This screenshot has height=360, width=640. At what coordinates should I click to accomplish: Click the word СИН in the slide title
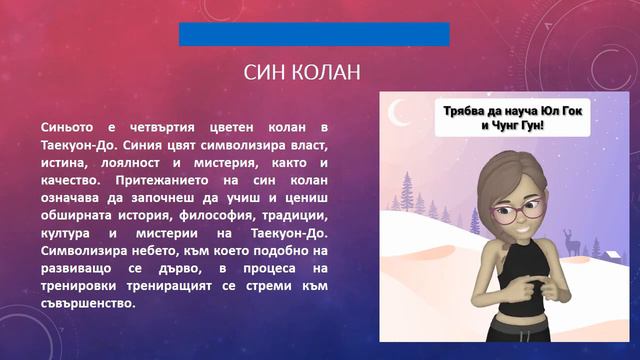click(265, 73)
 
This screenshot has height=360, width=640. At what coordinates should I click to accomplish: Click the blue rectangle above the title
click(314, 34)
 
